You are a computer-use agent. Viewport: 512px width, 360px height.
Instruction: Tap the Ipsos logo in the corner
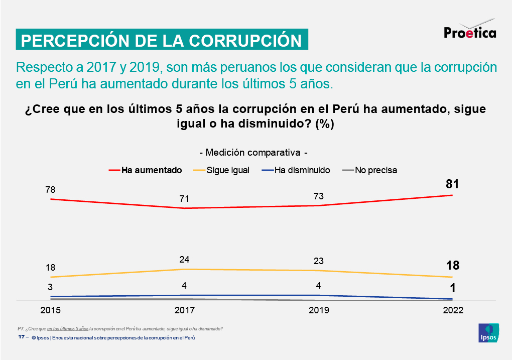[x=488, y=333]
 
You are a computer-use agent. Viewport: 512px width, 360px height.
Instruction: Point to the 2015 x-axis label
[x=51, y=310]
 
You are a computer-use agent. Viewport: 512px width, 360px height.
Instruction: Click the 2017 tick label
[x=185, y=310]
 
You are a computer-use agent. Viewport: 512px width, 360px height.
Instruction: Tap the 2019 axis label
[x=319, y=310]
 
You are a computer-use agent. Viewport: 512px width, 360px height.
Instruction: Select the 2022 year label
[x=453, y=310]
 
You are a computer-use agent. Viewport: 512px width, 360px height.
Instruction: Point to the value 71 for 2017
[x=184, y=199]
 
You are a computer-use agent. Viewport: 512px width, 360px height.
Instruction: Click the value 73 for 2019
[x=318, y=196]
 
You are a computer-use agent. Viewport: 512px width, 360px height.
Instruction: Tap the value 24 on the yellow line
[x=184, y=260]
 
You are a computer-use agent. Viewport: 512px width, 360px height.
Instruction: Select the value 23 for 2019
[x=318, y=261]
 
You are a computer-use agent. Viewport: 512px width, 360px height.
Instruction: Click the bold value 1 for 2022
[x=452, y=288]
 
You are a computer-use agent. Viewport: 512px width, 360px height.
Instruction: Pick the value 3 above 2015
[x=51, y=287]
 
